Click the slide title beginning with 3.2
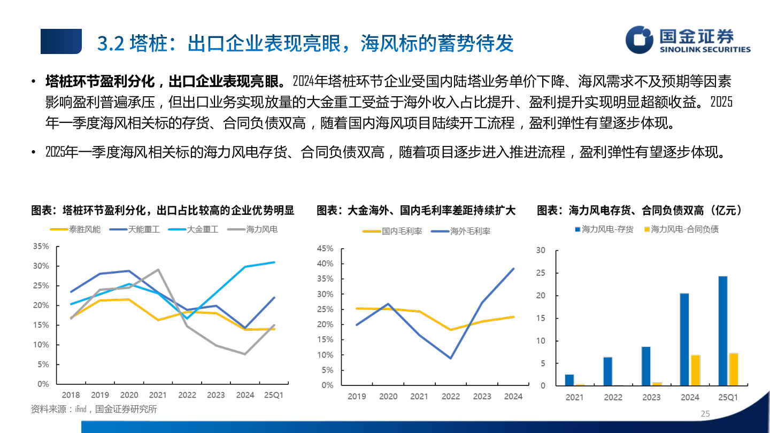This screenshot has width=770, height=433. pos(305,43)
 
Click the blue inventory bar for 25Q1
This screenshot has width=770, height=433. pos(722,331)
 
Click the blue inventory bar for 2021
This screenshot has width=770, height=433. pos(569,380)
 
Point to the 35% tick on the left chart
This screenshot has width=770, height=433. pos(41,246)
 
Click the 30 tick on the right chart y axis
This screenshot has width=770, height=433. pos(541,250)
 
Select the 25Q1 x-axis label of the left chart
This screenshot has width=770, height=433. pos(274,395)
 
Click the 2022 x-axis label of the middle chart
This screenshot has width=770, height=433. pos(451,397)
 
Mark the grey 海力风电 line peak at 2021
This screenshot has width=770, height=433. pos(158,269)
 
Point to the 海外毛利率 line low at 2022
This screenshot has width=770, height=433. pos(451,358)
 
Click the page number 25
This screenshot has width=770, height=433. pos(705,414)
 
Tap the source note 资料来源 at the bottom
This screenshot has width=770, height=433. pos(94,409)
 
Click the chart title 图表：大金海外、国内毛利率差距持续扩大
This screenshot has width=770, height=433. pos(415,211)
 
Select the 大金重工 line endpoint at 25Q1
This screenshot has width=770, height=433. pos(274,262)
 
